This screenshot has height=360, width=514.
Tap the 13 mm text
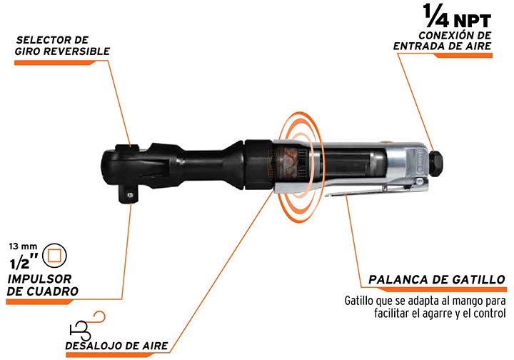tap(22, 246)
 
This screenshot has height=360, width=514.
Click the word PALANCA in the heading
tap(398, 279)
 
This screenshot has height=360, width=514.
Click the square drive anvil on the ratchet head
tap(128, 192)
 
